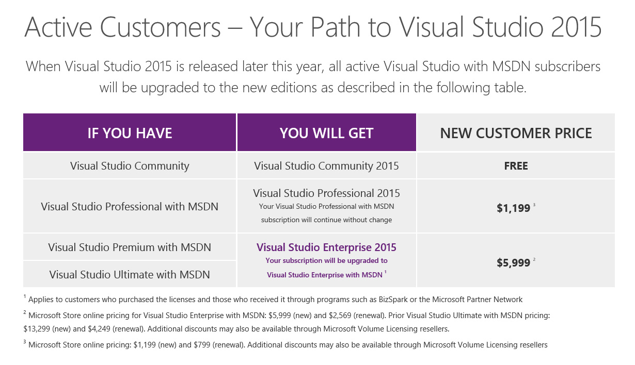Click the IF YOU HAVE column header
pos(130,133)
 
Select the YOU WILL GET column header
pos(326,133)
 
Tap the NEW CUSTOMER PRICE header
pos(516,133)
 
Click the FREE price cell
pos(516,166)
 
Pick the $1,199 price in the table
pos(513,208)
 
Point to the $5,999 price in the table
pos(513,263)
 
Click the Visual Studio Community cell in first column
pos(130,166)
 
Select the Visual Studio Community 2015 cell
pos(326,166)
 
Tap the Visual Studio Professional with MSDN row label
pos(130,206)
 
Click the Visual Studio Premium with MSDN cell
pos(130,247)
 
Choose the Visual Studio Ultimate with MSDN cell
pos(130,275)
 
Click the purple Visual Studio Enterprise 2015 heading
pos(326,247)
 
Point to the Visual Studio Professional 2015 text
pos(326,193)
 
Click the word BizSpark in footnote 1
pos(393,300)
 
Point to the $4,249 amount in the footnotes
pos(99,329)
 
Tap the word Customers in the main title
pos(160,27)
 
